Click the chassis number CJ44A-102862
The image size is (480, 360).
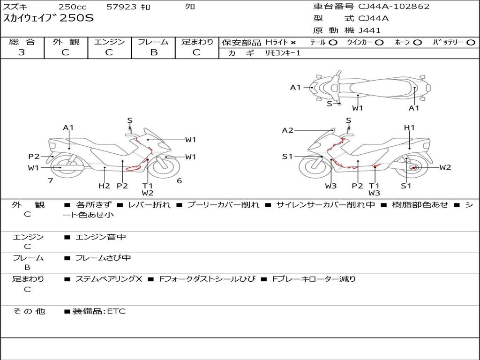(x=394, y=6)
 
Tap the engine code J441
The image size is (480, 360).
(x=369, y=30)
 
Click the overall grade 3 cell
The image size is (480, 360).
(x=22, y=52)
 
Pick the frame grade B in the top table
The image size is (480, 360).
(x=153, y=52)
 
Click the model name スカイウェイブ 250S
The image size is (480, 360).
(x=49, y=18)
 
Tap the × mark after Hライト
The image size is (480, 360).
(x=293, y=42)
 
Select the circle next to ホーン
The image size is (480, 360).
(x=418, y=42)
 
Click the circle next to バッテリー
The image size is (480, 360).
(x=471, y=42)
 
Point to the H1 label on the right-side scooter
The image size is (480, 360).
(x=409, y=127)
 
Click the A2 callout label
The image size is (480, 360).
(x=287, y=130)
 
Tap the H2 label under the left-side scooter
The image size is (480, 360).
(x=104, y=186)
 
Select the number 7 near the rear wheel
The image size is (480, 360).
(x=50, y=180)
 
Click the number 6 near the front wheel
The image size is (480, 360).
(x=179, y=180)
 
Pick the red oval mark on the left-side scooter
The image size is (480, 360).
(x=134, y=167)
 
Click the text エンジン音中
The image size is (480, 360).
(x=101, y=237)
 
